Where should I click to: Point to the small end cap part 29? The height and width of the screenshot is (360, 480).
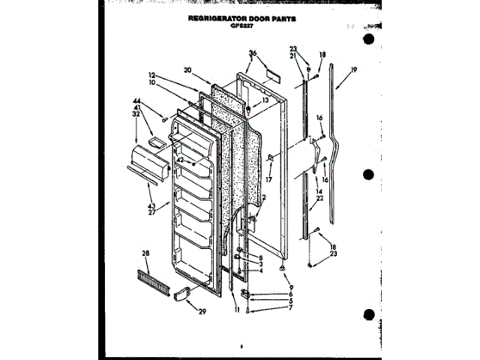tap(182, 295)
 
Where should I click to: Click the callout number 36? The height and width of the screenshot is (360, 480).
tap(253, 53)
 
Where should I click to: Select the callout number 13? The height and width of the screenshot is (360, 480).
tap(265, 100)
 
